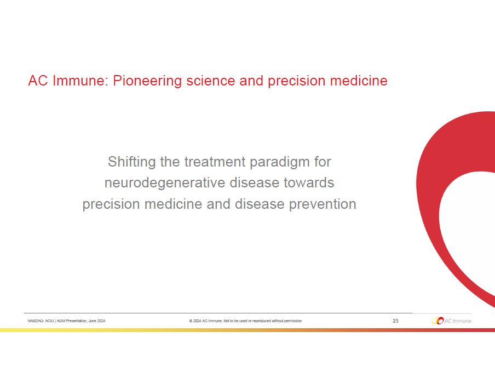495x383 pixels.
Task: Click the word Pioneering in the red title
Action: click(x=147, y=81)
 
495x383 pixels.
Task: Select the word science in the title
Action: click(x=211, y=81)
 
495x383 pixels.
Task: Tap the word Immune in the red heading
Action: click(x=80, y=81)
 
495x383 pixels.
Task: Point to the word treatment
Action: click(x=215, y=162)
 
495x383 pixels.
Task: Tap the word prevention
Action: click(x=323, y=204)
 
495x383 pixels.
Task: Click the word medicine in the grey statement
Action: click(x=173, y=204)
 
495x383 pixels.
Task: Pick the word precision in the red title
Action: click(x=296, y=81)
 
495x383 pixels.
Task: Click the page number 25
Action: click(x=395, y=321)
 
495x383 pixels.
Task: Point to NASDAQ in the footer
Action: click(x=36, y=321)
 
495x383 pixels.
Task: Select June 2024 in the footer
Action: click(x=97, y=321)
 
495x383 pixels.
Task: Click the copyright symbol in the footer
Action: click(x=191, y=321)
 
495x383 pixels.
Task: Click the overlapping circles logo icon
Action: click(x=438, y=321)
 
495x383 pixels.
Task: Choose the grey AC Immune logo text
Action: click(x=458, y=321)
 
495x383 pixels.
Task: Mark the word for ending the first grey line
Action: click(x=323, y=162)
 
